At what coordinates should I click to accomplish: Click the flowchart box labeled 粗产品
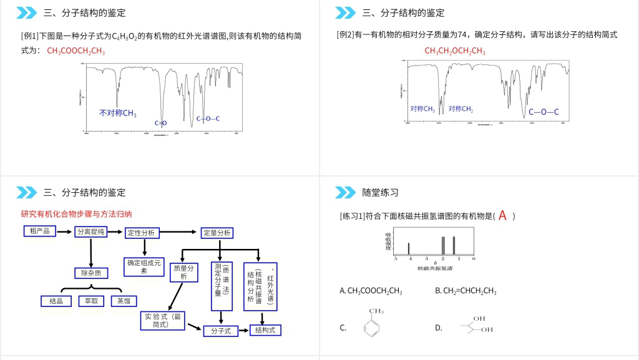click(x=39, y=231)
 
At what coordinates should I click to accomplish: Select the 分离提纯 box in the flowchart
click(x=91, y=232)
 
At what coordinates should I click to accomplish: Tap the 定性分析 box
click(x=142, y=233)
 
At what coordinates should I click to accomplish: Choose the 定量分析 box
click(x=217, y=233)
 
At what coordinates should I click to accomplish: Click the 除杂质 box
click(x=91, y=273)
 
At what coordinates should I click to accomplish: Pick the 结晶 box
click(x=56, y=301)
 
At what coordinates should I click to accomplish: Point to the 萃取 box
click(x=91, y=301)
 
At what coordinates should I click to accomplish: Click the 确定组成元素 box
click(x=144, y=266)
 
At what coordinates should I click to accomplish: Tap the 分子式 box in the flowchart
click(x=221, y=331)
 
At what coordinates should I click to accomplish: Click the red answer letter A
click(x=502, y=216)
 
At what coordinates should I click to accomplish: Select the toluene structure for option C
click(x=373, y=323)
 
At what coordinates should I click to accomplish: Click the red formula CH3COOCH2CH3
click(x=76, y=51)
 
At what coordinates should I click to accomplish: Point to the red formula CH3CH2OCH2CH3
click(x=455, y=51)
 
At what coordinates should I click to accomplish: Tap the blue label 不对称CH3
click(x=118, y=113)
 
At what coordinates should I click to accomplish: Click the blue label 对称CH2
click(x=461, y=109)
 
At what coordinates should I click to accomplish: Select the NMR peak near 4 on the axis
click(x=409, y=248)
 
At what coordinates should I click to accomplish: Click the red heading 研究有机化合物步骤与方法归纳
click(x=76, y=213)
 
